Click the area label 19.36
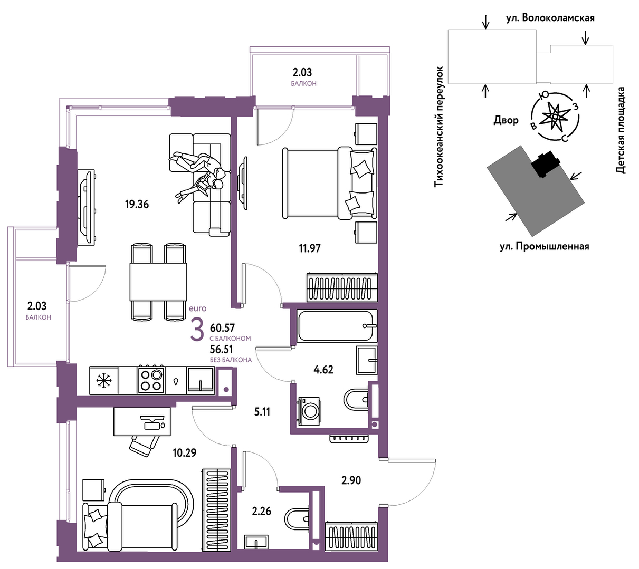coord(137,205)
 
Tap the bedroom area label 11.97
coord(310,248)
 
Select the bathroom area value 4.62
coord(323,370)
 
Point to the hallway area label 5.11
coord(262,412)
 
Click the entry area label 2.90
coord(351,480)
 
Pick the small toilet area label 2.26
coord(262,511)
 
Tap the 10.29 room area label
coord(184,453)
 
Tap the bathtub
coord(337,326)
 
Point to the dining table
coord(158,282)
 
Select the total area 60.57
coord(222,328)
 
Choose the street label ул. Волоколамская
coord(550,18)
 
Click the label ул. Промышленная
coord(545,246)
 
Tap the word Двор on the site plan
coord(506,120)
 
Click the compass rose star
coord(555,117)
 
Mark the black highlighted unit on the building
coord(545,164)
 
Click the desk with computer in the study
coord(142,421)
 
